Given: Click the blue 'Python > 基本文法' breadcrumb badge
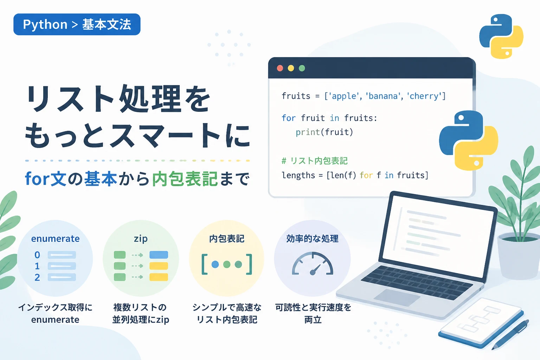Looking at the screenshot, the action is [x=77, y=24].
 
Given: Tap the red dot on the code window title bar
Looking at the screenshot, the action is [x=280, y=68].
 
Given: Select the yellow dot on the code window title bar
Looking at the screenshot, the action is [x=291, y=68].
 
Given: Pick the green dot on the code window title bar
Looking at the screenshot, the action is [x=302, y=68].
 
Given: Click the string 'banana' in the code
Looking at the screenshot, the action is [x=383, y=96].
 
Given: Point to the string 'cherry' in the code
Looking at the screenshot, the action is [x=424, y=96].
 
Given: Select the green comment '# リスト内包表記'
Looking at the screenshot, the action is [x=315, y=161].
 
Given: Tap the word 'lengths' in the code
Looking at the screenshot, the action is [x=298, y=175].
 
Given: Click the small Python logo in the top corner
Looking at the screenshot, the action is [x=501, y=37].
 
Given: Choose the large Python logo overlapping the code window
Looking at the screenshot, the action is [x=469, y=140].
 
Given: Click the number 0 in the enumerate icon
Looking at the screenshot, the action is [x=37, y=255].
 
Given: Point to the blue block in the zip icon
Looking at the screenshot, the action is [x=159, y=255].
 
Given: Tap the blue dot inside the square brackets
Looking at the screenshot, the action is [x=215, y=264].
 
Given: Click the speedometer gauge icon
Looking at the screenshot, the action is [x=313, y=263].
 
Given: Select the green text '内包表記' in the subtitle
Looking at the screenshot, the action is [x=185, y=179].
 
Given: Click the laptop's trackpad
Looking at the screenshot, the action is [x=397, y=297].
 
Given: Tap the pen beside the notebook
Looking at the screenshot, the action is [x=510, y=335].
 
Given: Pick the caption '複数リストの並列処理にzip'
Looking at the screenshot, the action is [x=141, y=314].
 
